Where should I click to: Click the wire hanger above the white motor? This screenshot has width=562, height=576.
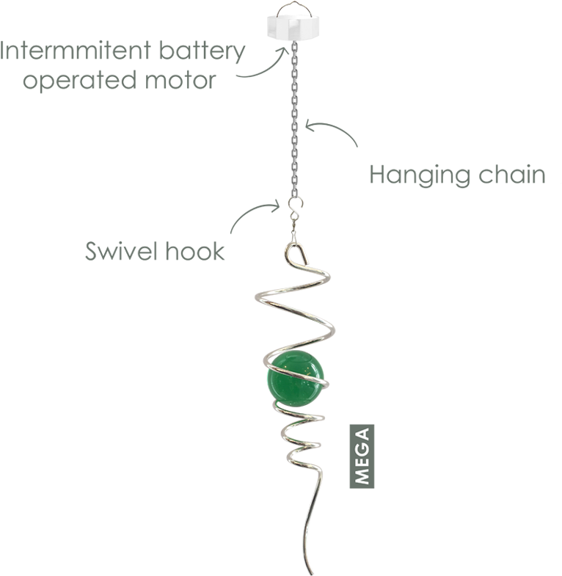296,7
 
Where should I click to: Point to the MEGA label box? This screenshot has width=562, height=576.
362,456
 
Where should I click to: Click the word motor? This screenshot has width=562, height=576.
180,79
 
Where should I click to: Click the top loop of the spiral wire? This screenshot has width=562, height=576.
294,253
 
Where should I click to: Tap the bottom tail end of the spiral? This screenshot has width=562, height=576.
315,569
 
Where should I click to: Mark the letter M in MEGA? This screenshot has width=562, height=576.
362,476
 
